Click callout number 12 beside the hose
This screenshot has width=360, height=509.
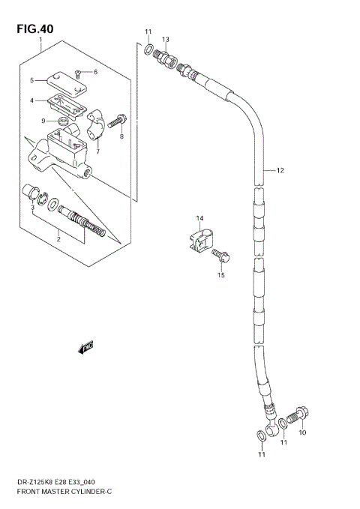tap(280, 171)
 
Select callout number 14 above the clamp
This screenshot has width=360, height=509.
tap(199, 218)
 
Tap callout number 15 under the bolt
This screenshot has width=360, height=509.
tap(220, 275)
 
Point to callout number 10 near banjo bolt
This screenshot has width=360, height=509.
tap(303, 433)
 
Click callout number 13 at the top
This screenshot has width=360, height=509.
tap(165, 38)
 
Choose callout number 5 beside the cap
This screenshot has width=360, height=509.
tap(32, 80)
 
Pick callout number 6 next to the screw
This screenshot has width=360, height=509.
tap(95, 72)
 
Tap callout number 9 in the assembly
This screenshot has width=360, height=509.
tap(43, 121)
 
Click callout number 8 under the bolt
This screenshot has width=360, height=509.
tap(121, 136)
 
